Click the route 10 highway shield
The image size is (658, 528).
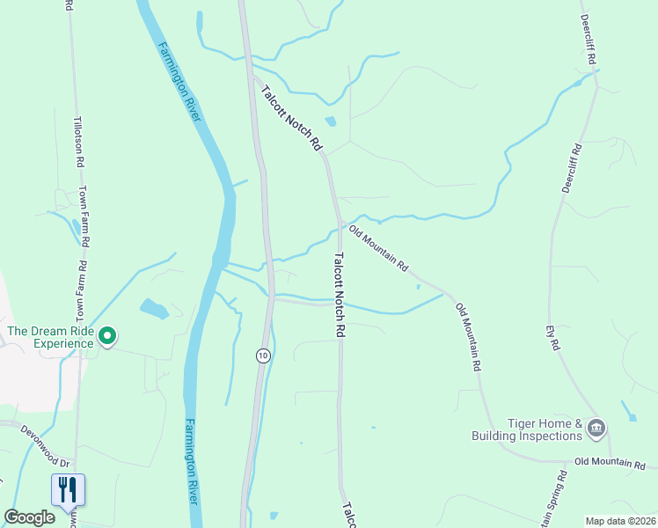263,356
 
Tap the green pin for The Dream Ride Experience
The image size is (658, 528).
108,336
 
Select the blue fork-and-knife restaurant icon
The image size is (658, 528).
69,489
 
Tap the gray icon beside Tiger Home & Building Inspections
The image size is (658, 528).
596,429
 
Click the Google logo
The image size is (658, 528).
29,517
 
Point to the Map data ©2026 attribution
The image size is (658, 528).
620,521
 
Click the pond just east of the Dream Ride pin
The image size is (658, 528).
153,309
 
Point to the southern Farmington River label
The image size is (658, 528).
192,462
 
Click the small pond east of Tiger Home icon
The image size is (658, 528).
628,411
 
